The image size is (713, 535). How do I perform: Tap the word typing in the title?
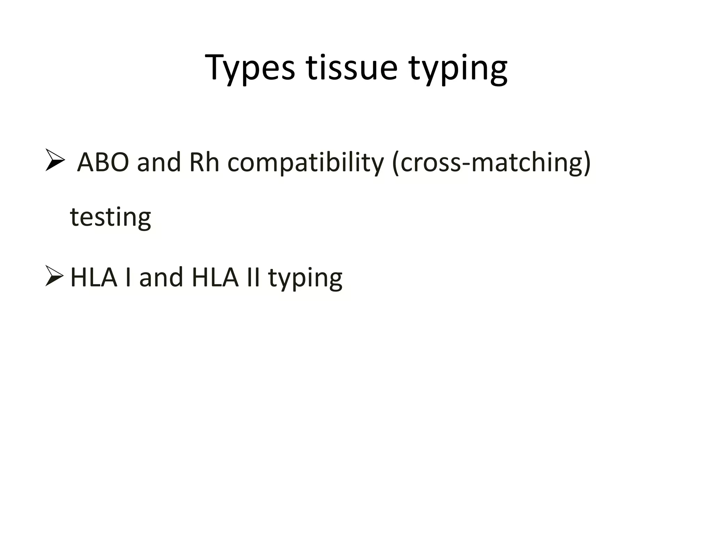(x=458, y=69)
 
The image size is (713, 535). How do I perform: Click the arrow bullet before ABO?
(x=55, y=161)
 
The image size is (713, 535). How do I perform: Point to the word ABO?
(x=103, y=162)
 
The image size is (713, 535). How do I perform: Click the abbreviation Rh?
(x=204, y=162)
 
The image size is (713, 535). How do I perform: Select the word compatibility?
(x=305, y=163)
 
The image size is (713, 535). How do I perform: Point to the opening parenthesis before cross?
(x=396, y=163)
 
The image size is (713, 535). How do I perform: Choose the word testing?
(x=110, y=217)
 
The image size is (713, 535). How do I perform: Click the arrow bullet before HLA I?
(x=54, y=276)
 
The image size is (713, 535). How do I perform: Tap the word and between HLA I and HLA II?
(x=161, y=277)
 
